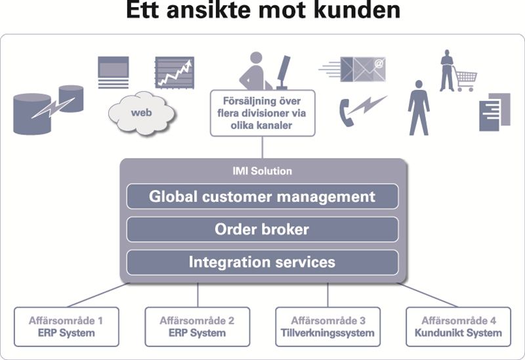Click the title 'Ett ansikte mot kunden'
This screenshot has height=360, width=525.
coord(262,12)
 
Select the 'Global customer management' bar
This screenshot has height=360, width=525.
coord(262,196)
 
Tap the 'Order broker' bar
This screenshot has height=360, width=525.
coord(262,230)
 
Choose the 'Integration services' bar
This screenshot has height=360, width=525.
coord(262,262)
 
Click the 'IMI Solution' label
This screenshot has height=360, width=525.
coord(262,171)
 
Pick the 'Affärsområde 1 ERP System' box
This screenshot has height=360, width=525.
coord(66,327)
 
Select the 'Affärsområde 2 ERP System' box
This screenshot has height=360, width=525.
coord(196,327)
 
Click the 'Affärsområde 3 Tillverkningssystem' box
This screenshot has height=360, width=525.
coord(327,327)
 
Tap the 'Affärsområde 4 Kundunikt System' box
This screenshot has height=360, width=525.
coord(458,327)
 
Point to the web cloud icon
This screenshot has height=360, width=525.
coord(141,113)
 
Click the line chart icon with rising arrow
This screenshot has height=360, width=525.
coord(174,72)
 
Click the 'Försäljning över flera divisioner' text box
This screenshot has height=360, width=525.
coord(262,112)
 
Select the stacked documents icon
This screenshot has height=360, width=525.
coord(494,111)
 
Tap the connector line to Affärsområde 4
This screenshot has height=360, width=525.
coord(430,295)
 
